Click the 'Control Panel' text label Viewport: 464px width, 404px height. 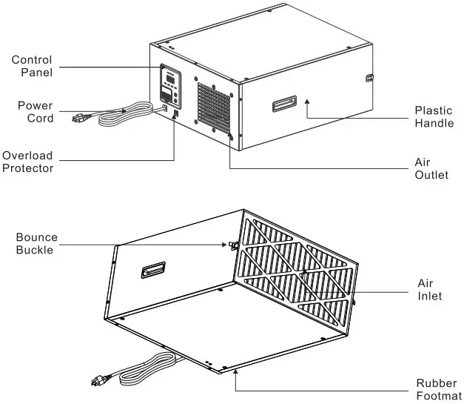[x=32, y=65]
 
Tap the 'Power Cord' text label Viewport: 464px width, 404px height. [x=35, y=112]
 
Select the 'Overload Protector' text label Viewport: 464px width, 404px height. [x=27, y=162]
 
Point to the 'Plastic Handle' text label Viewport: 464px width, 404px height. [x=434, y=117]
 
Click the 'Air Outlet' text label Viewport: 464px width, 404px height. [x=431, y=168]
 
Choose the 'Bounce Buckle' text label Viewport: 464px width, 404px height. [x=36, y=244]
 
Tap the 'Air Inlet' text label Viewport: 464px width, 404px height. [x=429, y=290]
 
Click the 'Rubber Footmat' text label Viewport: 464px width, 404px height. [x=437, y=389]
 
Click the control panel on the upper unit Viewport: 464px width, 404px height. [x=170, y=85]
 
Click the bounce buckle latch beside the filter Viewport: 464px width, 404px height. [x=232, y=245]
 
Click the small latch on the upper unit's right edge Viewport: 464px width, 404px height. [x=370, y=77]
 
